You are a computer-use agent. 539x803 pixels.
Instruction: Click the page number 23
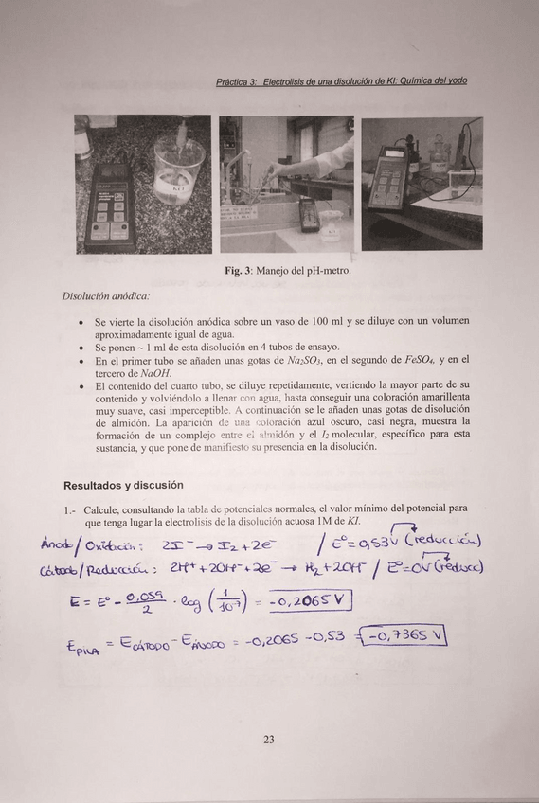pos(269,740)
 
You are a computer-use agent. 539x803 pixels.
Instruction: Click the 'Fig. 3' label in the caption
pos(237,271)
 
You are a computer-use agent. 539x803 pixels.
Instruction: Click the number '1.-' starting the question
pos(70,509)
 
